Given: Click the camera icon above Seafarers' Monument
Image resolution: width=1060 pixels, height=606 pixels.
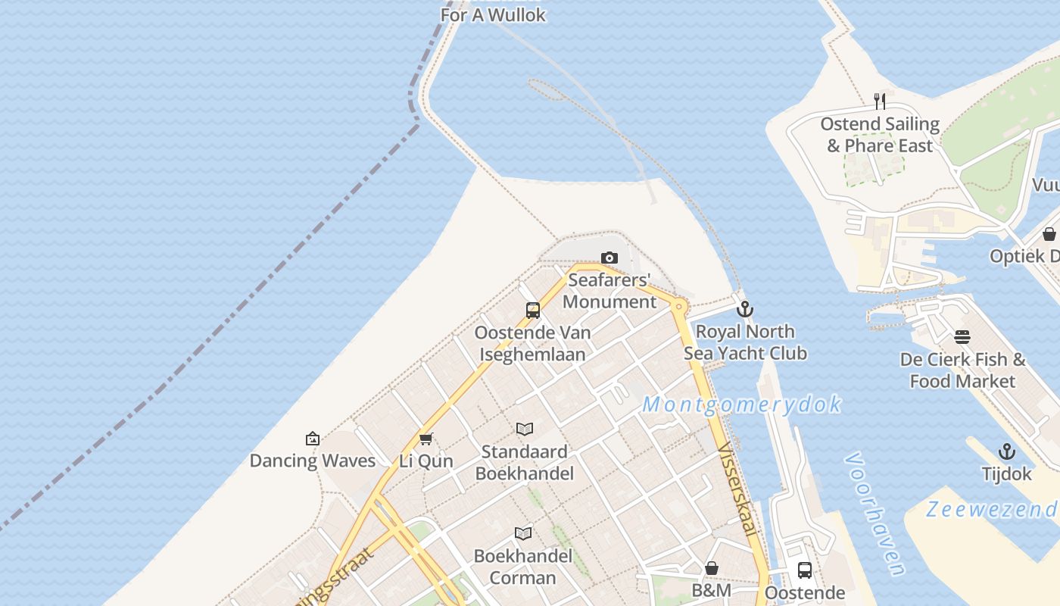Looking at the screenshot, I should click(x=609, y=258).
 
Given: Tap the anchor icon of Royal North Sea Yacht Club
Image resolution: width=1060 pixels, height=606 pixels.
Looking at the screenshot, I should click(x=745, y=309).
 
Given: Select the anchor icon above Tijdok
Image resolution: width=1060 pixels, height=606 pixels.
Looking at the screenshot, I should click(x=1006, y=452).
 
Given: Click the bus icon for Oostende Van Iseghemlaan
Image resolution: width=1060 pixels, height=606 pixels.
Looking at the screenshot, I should click(x=533, y=311).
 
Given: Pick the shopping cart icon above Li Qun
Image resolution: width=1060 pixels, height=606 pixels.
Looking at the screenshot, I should click(x=426, y=439).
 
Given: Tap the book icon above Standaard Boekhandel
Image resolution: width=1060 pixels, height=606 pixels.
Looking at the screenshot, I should click(x=525, y=430).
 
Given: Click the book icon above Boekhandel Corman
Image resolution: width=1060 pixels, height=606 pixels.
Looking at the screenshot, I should click(x=523, y=533).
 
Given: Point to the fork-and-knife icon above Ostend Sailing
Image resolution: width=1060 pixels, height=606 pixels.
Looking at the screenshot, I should click(x=880, y=102).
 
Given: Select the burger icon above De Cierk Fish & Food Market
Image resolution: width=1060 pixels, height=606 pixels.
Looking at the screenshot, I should click(x=962, y=337).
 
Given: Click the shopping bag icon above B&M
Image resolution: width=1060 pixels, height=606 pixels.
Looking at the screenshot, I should click(x=712, y=568).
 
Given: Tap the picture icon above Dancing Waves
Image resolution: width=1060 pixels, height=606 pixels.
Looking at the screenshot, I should click(x=312, y=439).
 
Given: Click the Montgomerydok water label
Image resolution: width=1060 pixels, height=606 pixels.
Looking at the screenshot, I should click(x=742, y=405).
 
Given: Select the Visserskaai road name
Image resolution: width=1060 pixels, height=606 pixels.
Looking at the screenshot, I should click(x=737, y=489).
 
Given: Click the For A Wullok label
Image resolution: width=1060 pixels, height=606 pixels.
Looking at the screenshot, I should click(x=493, y=15).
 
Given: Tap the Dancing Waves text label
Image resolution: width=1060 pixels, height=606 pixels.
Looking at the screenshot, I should click(x=312, y=461).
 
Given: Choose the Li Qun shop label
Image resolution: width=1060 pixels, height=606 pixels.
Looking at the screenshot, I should click(x=426, y=461).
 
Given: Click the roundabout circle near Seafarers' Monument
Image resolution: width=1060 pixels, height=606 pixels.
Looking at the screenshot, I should click(x=678, y=307).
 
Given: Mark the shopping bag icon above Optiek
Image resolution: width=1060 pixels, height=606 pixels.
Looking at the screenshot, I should click(x=1049, y=234).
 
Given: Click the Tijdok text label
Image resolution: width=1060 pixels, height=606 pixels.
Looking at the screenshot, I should click(x=1006, y=474).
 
